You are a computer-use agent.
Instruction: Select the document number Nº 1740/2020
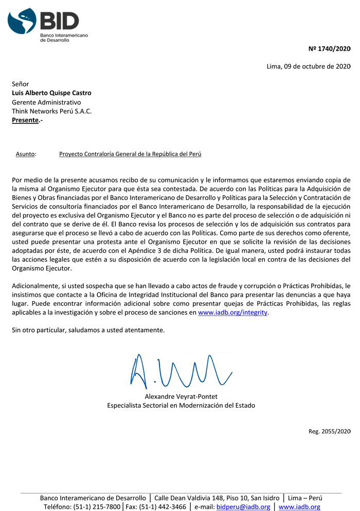[x=329, y=49]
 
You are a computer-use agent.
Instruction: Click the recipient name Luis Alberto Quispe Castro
[x=51, y=93]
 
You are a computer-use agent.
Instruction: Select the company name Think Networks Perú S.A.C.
[x=51, y=111]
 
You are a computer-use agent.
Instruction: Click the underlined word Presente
[x=25, y=120]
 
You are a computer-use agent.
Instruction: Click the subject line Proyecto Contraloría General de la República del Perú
[x=130, y=154]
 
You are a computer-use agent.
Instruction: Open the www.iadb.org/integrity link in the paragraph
[x=233, y=313]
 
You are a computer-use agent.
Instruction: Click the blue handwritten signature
[x=180, y=370]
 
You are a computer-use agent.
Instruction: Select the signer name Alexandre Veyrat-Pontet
[x=181, y=396]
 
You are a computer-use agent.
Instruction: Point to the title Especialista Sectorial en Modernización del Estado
[x=181, y=406]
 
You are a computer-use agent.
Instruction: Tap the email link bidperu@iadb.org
[x=243, y=507]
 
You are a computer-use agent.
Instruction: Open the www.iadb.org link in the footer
[x=299, y=507]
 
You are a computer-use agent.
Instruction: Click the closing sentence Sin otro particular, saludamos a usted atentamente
[x=88, y=330]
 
